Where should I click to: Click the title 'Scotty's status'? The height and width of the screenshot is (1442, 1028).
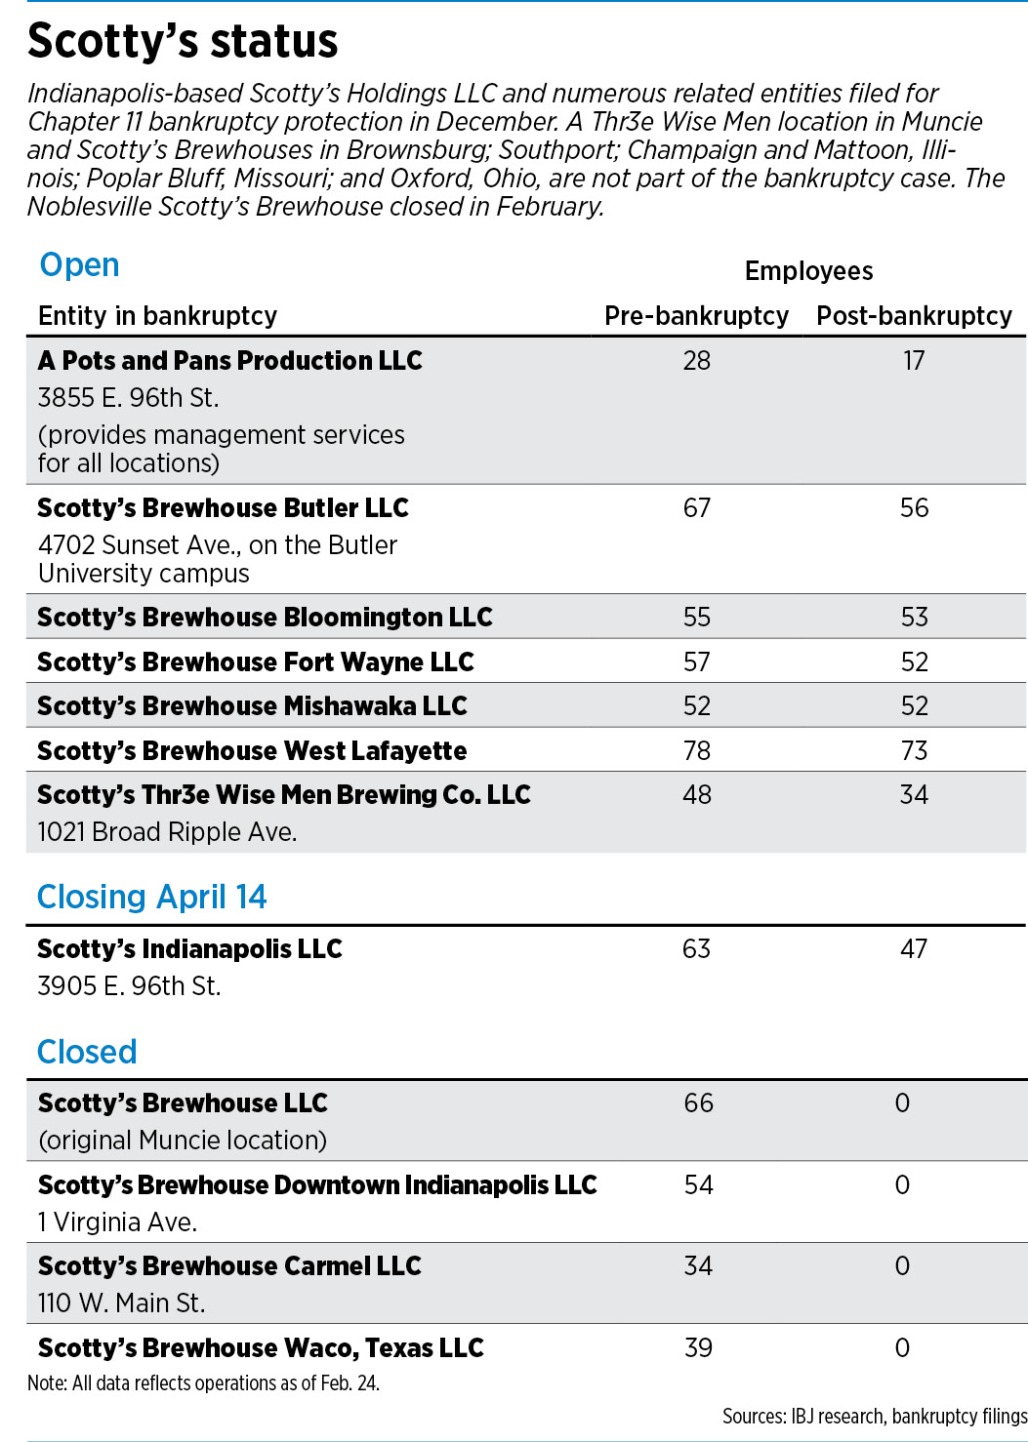click(183, 42)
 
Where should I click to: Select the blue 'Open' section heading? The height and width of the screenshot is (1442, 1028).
click(79, 265)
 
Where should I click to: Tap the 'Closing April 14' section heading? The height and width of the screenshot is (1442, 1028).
click(151, 897)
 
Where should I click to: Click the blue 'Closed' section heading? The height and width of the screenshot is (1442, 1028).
click(87, 1051)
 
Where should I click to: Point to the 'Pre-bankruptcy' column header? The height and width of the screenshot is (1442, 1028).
click(696, 316)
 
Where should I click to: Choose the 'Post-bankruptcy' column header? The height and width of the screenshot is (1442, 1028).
click(914, 316)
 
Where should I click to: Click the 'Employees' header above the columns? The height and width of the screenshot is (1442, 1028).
click(809, 271)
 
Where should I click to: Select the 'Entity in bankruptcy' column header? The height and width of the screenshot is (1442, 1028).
click(158, 316)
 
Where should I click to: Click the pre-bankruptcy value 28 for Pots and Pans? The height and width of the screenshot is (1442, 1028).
click(697, 361)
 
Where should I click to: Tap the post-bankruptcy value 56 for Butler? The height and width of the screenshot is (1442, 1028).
click(915, 508)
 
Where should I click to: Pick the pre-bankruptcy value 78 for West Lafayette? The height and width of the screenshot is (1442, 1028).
click(697, 750)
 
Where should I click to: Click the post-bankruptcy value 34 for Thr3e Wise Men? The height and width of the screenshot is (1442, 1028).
click(915, 794)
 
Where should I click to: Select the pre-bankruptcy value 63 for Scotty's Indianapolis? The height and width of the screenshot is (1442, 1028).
click(696, 949)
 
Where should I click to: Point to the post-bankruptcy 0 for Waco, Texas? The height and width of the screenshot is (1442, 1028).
click(902, 1347)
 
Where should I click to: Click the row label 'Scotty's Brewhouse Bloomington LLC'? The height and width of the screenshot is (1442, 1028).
click(265, 618)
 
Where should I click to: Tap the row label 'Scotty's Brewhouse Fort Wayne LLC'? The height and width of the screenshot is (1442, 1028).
click(256, 661)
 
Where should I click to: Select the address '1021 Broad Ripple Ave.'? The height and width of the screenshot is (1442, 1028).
click(168, 831)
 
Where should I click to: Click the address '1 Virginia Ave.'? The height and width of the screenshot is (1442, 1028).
click(117, 1222)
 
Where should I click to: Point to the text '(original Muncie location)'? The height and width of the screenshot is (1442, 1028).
click(183, 1141)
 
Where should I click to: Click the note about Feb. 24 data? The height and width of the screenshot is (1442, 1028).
click(203, 1382)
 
